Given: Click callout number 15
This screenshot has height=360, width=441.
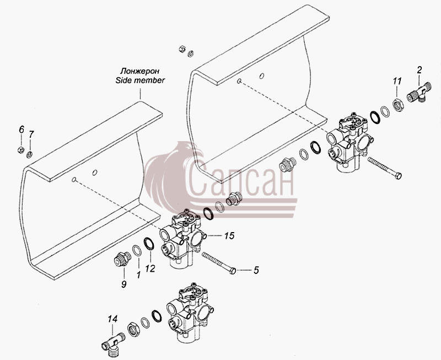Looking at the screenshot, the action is [x=229, y=236].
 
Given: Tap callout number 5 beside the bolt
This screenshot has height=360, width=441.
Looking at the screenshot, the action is [x=256, y=270].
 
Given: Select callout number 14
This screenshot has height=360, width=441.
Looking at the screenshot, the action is [x=112, y=319].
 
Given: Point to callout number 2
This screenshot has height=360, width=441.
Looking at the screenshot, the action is [x=420, y=70].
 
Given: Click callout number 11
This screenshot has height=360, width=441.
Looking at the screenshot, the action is [x=397, y=81].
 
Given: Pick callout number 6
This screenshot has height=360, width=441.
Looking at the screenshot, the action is [x=21, y=130].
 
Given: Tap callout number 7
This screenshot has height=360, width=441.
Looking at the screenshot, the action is [x=31, y=134].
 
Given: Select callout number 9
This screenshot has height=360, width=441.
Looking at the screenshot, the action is [x=123, y=284].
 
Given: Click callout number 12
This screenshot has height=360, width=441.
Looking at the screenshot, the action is [x=150, y=268].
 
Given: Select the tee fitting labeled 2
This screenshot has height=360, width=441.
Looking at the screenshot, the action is [x=419, y=93].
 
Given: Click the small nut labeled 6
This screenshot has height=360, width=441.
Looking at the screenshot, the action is [x=20, y=150].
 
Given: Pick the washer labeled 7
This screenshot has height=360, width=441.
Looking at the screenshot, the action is [x=29, y=154].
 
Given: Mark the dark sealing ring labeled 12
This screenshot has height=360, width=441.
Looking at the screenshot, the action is [x=149, y=243].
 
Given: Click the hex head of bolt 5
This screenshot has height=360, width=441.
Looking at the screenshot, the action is [x=233, y=271].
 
